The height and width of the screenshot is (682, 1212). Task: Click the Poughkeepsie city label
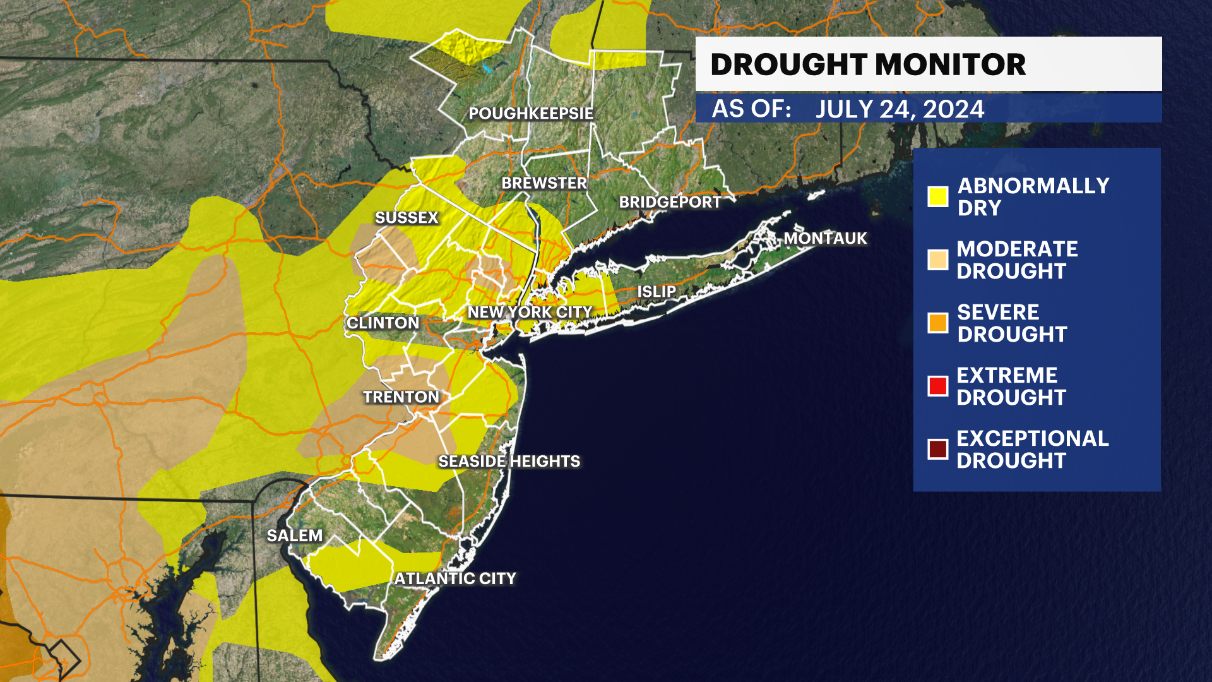(x=531, y=114)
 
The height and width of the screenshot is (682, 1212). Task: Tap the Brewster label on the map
(x=544, y=183)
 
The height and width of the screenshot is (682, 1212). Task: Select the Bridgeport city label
(x=670, y=202)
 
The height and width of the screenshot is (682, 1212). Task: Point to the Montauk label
(x=825, y=238)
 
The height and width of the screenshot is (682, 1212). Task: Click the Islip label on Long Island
(x=656, y=292)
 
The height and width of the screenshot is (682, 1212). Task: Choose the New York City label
(x=530, y=312)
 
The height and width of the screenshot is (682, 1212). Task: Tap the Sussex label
(x=407, y=218)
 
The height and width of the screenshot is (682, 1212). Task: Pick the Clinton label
(x=383, y=323)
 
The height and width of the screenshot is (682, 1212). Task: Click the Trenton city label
(x=401, y=397)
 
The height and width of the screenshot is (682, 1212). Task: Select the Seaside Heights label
(x=509, y=462)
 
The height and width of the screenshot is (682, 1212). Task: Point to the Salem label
(x=295, y=536)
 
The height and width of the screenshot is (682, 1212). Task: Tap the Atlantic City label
(x=455, y=578)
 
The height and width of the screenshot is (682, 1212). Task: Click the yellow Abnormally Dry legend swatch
(x=938, y=196)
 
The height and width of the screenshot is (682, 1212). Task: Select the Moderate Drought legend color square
(x=938, y=260)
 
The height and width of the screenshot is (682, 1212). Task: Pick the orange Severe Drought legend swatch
(x=938, y=323)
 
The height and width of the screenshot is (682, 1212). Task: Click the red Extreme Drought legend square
(x=938, y=386)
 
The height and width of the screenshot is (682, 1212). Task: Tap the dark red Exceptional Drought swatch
(x=938, y=449)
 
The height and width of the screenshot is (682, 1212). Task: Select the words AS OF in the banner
(x=751, y=109)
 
